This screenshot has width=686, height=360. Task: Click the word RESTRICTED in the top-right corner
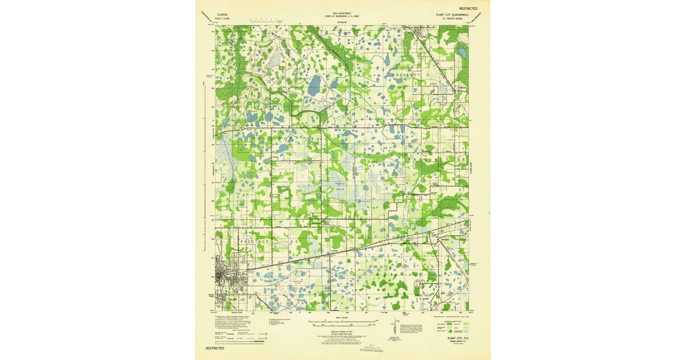coord(463,9)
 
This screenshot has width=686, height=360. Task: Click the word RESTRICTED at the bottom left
coord(217,347)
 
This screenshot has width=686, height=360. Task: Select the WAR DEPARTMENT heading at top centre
coord(342,12)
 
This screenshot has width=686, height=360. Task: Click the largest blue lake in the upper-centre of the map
coord(314,86)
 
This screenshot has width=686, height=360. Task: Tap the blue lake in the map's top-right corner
coord(461,53)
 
